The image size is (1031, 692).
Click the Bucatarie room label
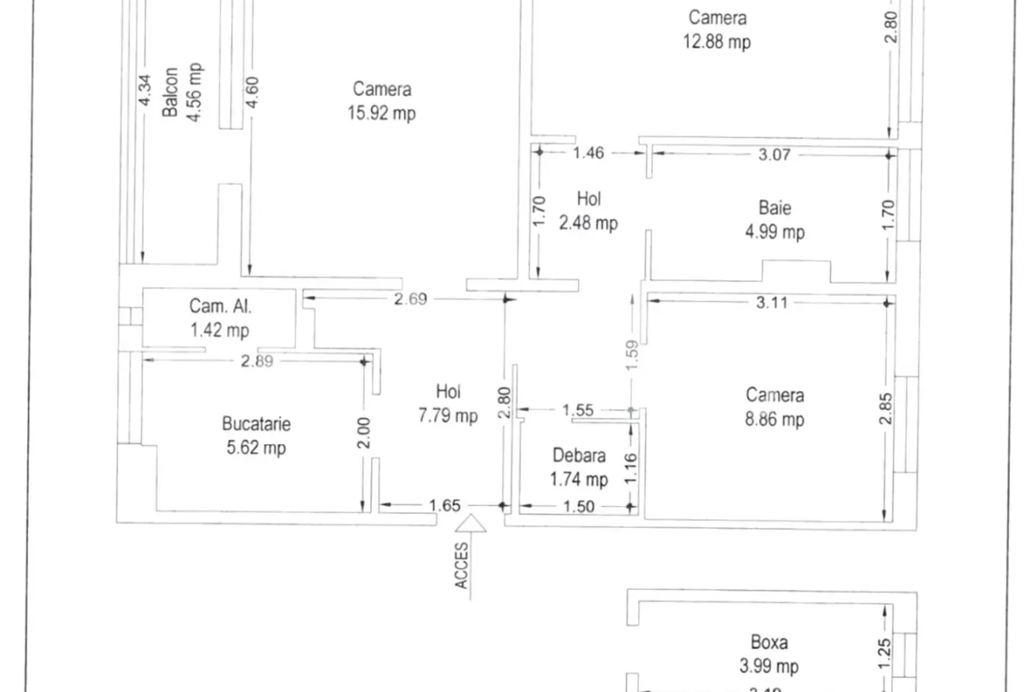(x=256, y=424)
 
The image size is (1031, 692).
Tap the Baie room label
(x=775, y=208)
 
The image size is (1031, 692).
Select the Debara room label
(x=579, y=455)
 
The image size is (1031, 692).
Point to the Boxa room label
(x=768, y=642)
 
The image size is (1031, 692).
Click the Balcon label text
(x=170, y=92)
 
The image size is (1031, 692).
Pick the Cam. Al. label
(x=220, y=306)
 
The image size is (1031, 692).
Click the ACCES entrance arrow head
(x=471, y=523)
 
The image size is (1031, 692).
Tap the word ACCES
(x=462, y=566)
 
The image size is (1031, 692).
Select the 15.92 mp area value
(x=382, y=113)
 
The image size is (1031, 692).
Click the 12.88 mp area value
(x=716, y=42)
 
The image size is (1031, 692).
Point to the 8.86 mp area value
(x=775, y=419)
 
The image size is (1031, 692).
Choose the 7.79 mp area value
(x=448, y=416)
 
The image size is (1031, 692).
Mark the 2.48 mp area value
(x=589, y=223)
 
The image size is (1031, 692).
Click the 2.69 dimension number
(x=411, y=300)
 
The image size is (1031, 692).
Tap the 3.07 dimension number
(x=774, y=154)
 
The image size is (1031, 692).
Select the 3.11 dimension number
(x=771, y=302)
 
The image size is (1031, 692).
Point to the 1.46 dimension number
(x=588, y=153)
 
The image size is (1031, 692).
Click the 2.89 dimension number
(x=256, y=361)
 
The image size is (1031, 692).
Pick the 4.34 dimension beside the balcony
(x=145, y=89)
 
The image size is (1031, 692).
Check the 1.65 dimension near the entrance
(x=444, y=505)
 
